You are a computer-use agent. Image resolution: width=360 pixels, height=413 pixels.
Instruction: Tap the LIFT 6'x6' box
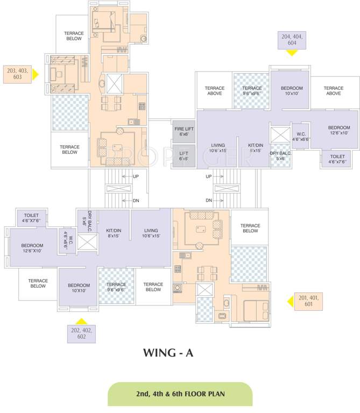click(x=183, y=156)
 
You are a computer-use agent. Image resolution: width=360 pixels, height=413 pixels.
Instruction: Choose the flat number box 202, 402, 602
click(x=81, y=333)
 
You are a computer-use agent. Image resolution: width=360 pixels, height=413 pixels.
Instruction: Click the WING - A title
click(x=167, y=353)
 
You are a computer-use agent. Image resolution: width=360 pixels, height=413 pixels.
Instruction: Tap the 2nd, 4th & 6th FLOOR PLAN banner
click(x=180, y=394)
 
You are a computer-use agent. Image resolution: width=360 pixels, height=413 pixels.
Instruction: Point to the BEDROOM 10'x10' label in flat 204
click(x=292, y=91)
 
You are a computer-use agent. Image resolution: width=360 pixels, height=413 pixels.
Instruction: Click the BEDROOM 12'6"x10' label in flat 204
click(x=338, y=131)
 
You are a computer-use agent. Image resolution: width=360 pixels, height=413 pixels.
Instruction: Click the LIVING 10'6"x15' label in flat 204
click(x=218, y=148)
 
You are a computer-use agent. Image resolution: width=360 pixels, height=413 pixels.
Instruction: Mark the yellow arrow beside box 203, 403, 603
click(x=36, y=74)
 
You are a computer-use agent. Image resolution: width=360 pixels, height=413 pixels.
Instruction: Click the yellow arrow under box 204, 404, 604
click(x=292, y=53)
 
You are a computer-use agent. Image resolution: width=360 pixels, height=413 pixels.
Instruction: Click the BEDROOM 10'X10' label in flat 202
click(x=78, y=287)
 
